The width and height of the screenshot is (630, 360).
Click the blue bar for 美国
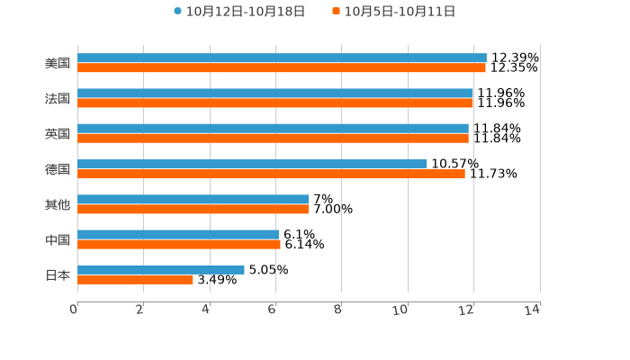click(x=282, y=58)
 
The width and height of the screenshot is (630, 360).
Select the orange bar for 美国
click(x=282, y=67)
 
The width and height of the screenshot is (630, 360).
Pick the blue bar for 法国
click(x=275, y=94)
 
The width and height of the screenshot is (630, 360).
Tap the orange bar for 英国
click(x=273, y=139)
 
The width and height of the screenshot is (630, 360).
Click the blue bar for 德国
click(x=252, y=164)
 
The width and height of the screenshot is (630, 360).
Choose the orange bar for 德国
click(x=271, y=174)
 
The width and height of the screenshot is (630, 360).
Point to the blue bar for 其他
click(x=193, y=199)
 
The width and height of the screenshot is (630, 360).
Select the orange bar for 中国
click(x=179, y=244)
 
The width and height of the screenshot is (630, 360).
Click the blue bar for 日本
click(x=161, y=269)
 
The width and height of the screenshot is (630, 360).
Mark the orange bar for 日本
click(x=135, y=279)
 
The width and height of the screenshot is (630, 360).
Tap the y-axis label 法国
click(x=58, y=98)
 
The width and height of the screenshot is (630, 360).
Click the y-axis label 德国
click(x=58, y=169)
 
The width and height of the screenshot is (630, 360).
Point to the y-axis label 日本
click(x=58, y=274)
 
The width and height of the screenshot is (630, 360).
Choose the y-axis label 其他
click(x=58, y=204)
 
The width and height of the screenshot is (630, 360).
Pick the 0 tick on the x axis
click(x=74, y=310)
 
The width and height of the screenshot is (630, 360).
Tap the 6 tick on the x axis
click(x=272, y=310)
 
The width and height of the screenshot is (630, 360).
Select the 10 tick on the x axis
click(x=400, y=310)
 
